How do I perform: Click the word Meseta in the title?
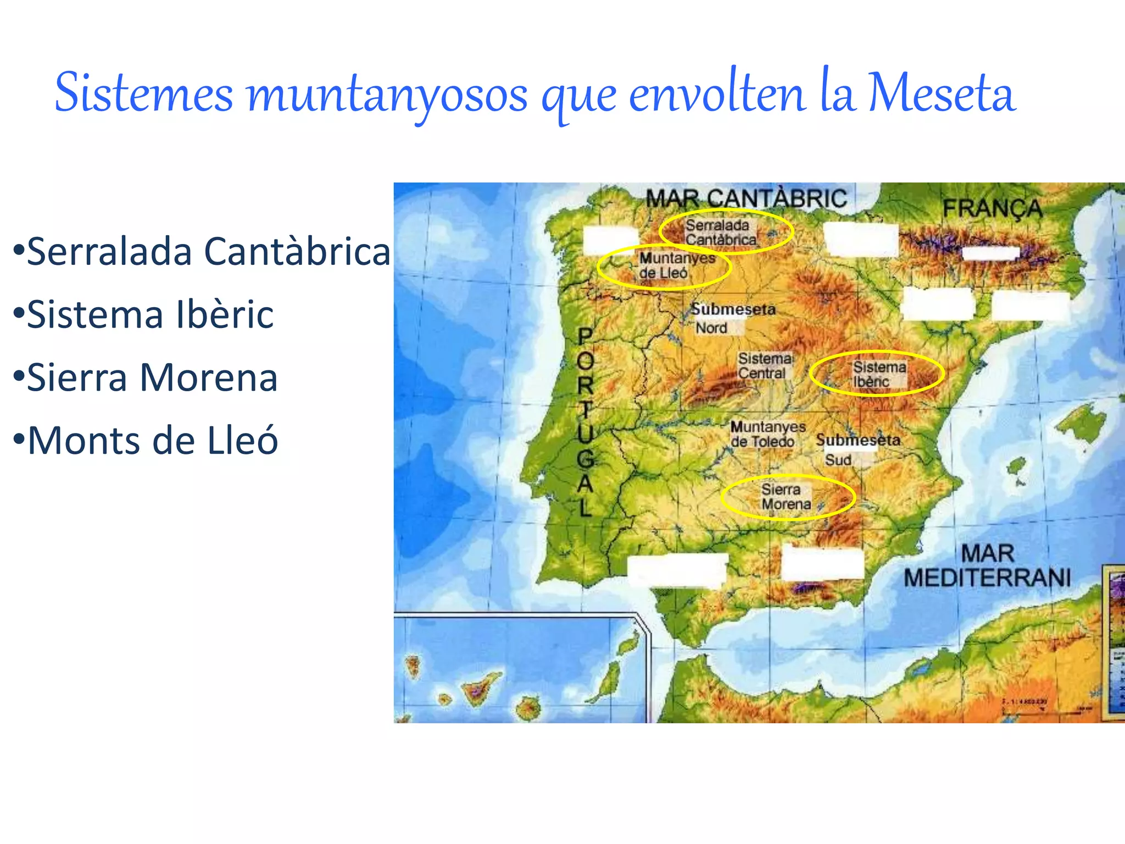click(941, 93)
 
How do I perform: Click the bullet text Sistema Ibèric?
click(149, 315)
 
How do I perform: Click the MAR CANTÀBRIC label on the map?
click(746, 198)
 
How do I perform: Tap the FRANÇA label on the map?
click(992, 209)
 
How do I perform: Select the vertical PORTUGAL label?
click(586, 422)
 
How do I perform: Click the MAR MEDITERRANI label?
click(987, 566)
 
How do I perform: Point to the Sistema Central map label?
click(765, 366)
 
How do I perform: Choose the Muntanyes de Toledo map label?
click(767, 434)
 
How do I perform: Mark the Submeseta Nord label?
click(733, 318)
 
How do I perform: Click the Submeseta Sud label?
click(857, 449)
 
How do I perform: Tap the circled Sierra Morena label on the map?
click(786, 497)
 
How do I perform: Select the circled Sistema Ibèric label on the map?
click(878, 374)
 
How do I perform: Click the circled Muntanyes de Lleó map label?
click(676, 265)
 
